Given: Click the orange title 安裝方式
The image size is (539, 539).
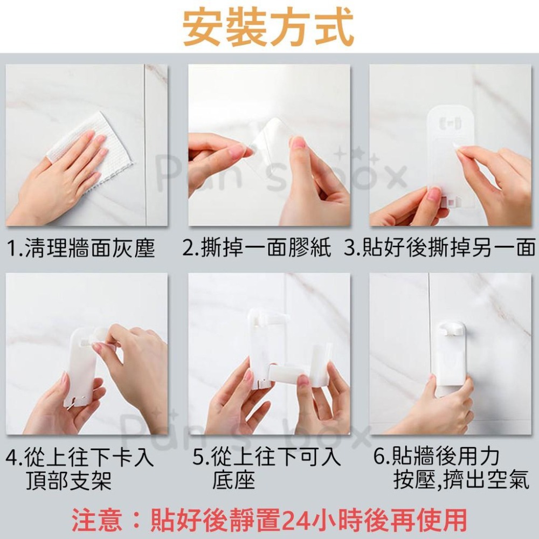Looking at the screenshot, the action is (268, 28).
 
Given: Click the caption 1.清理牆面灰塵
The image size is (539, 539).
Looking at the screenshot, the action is (81, 248).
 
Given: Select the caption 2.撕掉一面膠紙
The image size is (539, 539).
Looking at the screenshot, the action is (257, 248).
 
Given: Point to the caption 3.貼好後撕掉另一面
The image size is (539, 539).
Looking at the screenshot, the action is (440, 248).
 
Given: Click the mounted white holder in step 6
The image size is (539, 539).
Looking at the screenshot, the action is (453, 357).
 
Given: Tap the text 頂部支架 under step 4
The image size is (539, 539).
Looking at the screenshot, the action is (69, 480).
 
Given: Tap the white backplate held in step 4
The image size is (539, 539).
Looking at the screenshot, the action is (82, 366).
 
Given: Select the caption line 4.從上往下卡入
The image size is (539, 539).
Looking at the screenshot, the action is (80, 457).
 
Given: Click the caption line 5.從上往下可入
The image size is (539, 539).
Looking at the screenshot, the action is (267, 457).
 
